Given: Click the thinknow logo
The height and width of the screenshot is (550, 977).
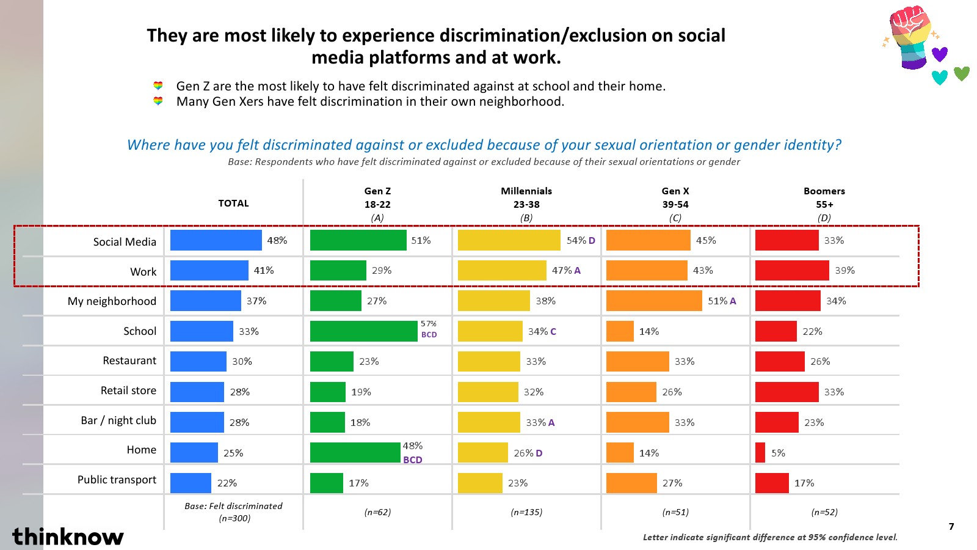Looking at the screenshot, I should [68, 536].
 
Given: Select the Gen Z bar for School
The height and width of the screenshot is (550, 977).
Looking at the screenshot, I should [363, 331].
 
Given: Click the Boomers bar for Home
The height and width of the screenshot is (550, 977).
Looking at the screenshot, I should [760, 452].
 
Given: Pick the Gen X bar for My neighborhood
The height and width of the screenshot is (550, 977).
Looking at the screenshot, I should [654, 301].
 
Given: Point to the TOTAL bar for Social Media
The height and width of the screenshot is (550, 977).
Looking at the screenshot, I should [216, 240].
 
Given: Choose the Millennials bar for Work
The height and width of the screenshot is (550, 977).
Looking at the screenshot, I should [502, 270].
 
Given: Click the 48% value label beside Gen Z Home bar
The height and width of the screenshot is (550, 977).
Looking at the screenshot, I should [413, 446].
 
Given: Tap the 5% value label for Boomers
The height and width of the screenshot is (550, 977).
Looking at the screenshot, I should [778, 453].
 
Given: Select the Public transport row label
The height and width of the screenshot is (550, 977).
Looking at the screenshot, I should [117, 480].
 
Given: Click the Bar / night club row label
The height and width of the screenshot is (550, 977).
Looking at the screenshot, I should [118, 420].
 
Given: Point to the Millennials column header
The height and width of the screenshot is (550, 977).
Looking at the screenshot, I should [526, 204].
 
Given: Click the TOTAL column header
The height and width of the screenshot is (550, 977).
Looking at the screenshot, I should [233, 204].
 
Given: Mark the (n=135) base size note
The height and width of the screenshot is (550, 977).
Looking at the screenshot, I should [526, 512].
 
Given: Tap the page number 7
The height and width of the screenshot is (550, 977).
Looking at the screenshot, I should [951, 527].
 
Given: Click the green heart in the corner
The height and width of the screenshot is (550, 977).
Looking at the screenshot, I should [962, 73].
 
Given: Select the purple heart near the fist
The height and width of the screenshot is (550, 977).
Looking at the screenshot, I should [940, 54].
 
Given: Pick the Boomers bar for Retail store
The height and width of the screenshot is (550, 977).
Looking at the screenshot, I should [786, 392].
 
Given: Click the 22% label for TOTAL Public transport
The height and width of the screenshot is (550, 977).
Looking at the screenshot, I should [227, 483].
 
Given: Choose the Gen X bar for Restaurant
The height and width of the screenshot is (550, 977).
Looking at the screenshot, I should [637, 361].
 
